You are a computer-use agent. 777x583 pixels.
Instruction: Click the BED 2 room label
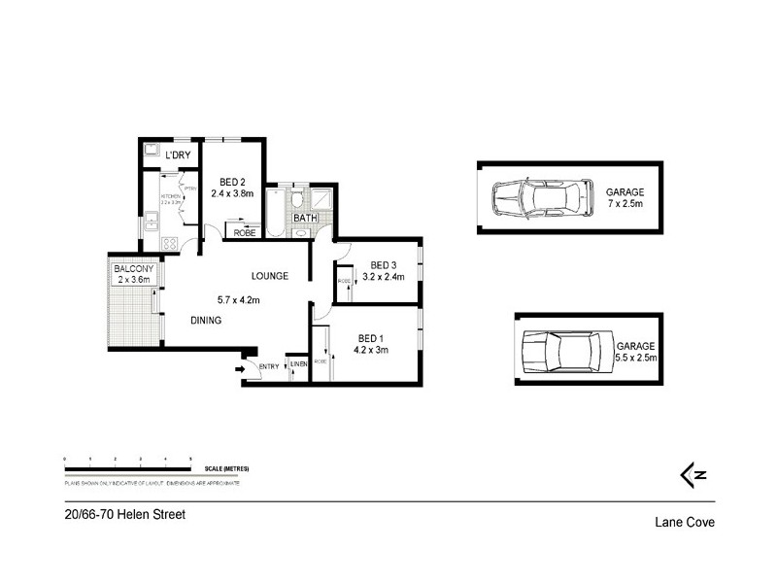click(231, 182)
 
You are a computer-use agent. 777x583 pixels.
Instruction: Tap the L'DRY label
click(178, 155)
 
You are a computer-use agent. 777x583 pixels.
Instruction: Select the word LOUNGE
click(269, 276)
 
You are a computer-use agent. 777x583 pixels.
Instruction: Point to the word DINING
click(206, 321)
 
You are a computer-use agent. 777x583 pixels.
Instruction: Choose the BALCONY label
click(131, 268)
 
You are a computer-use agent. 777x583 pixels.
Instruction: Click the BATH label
click(305, 218)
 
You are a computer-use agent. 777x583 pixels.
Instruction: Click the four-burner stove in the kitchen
click(169, 244)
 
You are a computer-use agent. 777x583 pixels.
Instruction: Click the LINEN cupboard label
click(299, 364)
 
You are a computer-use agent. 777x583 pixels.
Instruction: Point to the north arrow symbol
click(692, 473)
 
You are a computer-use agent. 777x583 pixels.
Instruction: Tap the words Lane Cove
click(684, 522)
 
